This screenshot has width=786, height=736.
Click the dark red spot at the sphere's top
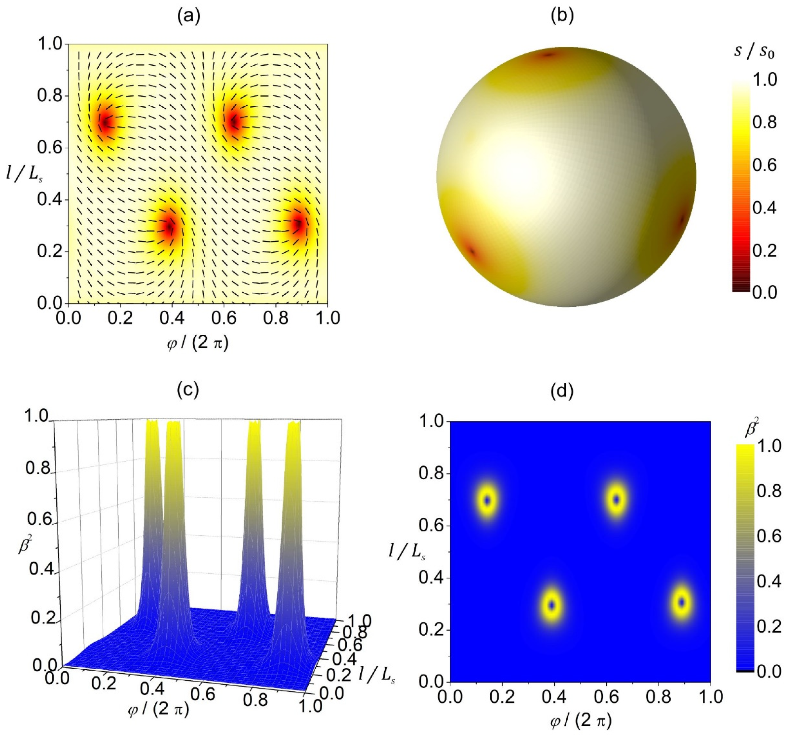[x=548, y=55]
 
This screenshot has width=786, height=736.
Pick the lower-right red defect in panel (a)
[x=299, y=225]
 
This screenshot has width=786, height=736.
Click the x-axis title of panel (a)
[x=197, y=343]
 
